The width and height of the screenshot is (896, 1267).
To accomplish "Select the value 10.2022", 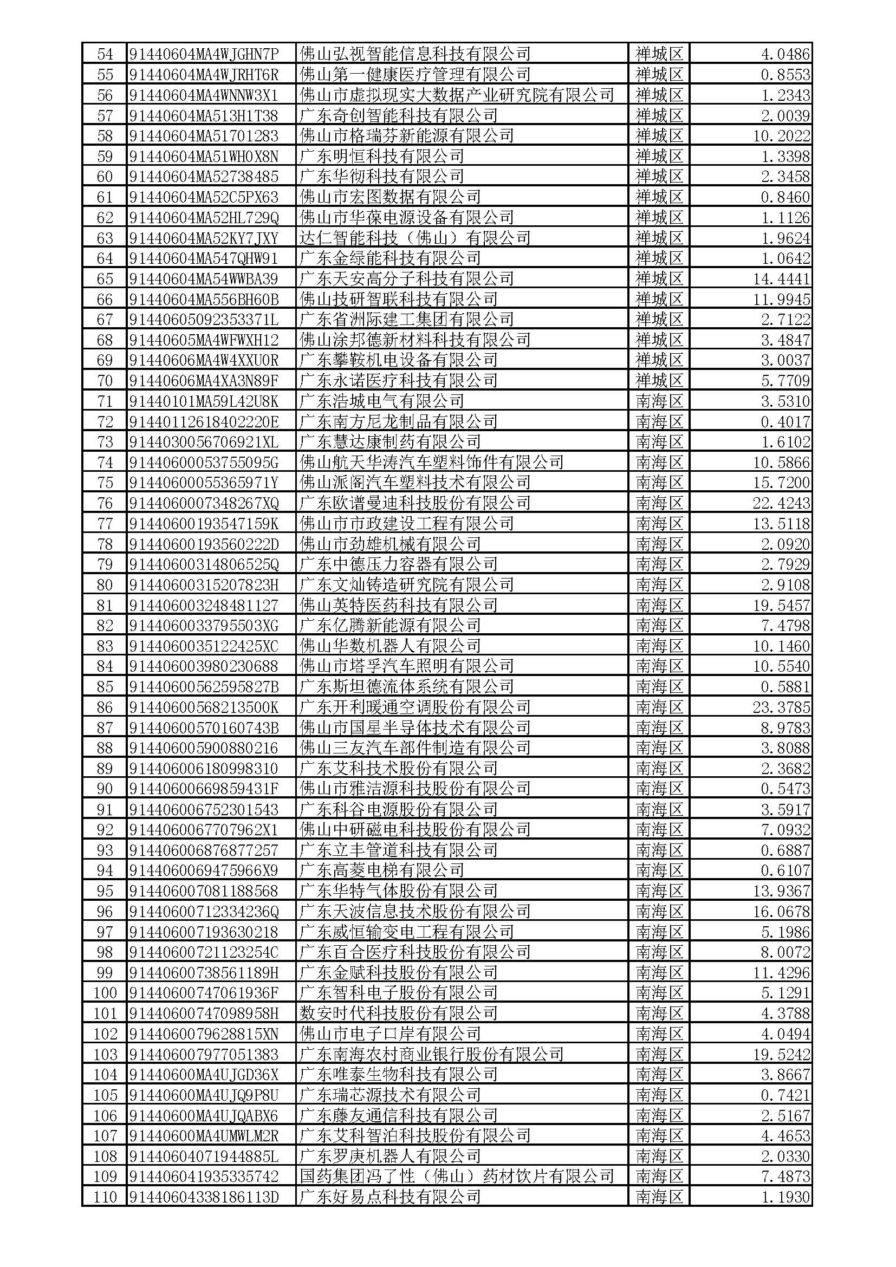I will pos(781,136).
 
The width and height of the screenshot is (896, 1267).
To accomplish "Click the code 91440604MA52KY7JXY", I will pos(204,238).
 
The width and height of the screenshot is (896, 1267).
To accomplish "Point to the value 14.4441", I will pos(781,279).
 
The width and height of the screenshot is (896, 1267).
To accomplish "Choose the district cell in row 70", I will pos(659,381).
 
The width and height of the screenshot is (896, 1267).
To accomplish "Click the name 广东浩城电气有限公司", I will pos(381,401).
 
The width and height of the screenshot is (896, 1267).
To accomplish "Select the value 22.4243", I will pos(781,503).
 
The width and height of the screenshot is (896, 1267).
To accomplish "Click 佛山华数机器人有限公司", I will pos(389,646).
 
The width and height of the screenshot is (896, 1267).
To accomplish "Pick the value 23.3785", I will pos(781,707).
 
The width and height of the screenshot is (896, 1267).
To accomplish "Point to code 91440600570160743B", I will pos(204,728).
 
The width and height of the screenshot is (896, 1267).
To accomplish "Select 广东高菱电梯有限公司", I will pos(381,871).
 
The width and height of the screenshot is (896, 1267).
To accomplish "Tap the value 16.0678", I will pos(781,912).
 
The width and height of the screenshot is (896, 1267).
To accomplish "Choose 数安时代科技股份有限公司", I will pos(398,1013).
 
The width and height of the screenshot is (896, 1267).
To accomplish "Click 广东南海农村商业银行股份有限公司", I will pos(431,1055).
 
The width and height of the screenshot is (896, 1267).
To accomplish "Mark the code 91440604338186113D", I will pos(204,1198).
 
